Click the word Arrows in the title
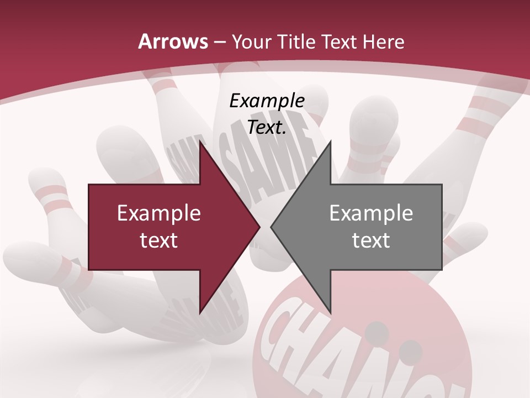173,42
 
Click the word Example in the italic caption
267,101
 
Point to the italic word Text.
267,128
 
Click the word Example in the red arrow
158,213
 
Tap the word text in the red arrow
158,240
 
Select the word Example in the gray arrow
371,213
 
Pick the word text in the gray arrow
371,240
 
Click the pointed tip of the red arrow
259,227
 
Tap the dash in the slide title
219,42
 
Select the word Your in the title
247,42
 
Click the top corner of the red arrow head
200,142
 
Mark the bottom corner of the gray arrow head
330,313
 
